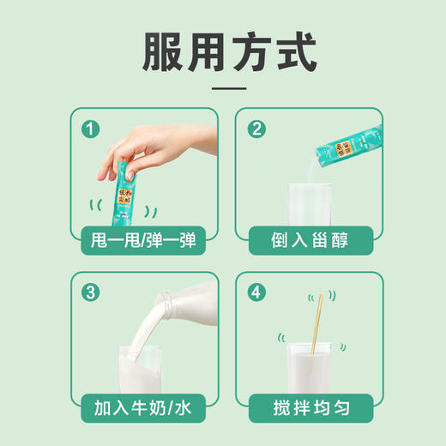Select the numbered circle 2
pos(256,130)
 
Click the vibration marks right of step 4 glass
pos(341,348)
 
